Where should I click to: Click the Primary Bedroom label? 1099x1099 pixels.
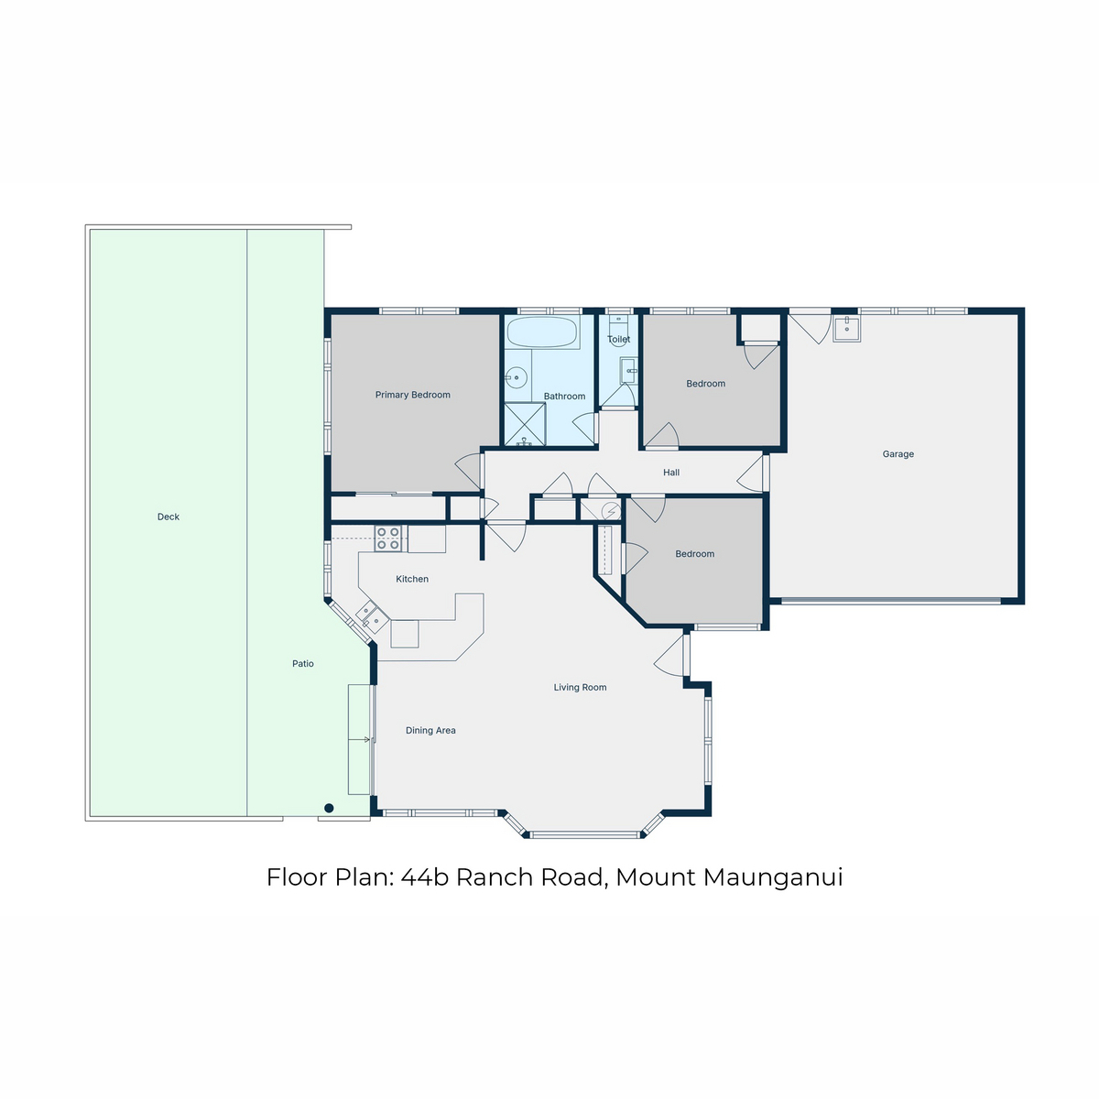click(x=412, y=395)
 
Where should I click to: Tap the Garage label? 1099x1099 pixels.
click(x=898, y=454)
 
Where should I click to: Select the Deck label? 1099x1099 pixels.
click(x=169, y=517)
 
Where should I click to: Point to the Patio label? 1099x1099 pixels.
click(x=303, y=663)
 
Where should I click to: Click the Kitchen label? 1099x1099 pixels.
click(x=412, y=579)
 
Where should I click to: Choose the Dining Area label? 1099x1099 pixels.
click(x=430, y=730)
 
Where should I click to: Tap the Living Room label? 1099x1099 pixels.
click(x=580, y=687)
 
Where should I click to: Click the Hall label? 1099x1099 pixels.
click(x=671, y=473)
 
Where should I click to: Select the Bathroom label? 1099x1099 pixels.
click(x=564, y=396)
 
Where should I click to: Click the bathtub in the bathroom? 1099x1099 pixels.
click(x=543, y=332)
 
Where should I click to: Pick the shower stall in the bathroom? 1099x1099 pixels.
click(x=525, y=424)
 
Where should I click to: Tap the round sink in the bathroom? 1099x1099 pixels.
click(x=517, y=377)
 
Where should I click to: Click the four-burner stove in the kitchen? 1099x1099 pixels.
click(x=387, y=539)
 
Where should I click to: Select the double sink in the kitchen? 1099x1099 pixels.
click(x=372, y=616)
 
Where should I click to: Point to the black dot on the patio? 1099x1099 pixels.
click(x=329, y=808)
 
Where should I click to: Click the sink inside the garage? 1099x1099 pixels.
click(x=847, y=329)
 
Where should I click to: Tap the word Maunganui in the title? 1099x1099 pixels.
click(x=773, y=877)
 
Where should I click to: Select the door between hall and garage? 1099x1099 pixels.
click(x=752, y=473)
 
